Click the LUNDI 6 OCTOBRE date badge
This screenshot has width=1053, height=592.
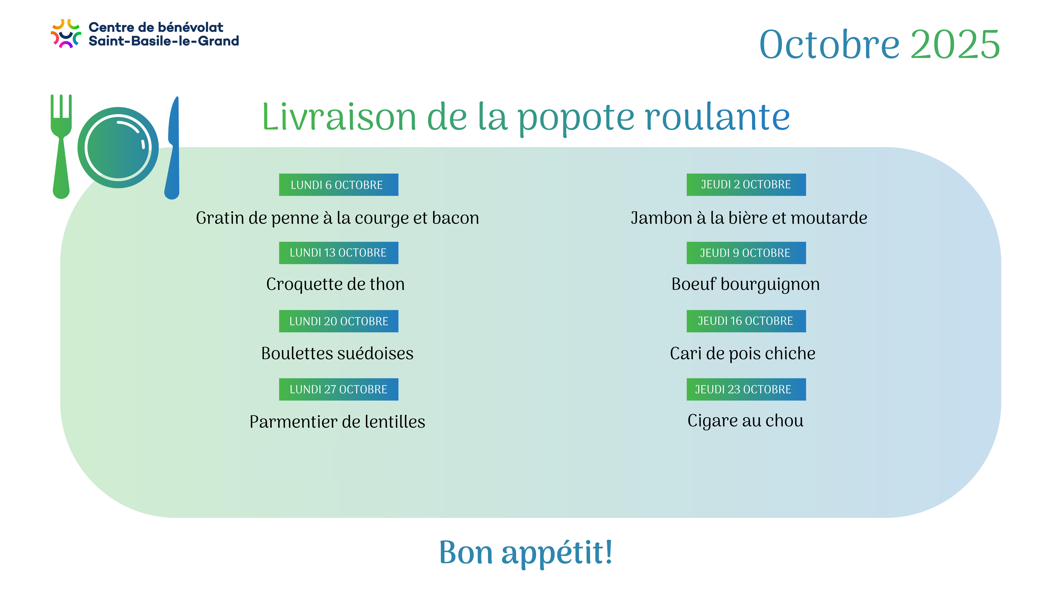[x=338, y=185]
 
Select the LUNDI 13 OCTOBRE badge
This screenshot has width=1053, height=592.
[x=338, y=253]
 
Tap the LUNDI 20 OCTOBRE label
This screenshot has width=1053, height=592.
[x=338, y=321]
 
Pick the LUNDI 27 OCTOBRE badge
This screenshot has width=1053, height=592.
[x=338, y=389]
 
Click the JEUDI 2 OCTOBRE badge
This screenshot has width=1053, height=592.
[x=746, y=185]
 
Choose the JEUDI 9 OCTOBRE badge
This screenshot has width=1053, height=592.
[x=746, y=253]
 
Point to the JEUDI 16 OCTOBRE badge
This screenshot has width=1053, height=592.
[x=746, y=321]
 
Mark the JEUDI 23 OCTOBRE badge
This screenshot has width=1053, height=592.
[x=746, y=389]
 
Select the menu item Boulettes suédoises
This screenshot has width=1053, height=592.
[x=337, y=353]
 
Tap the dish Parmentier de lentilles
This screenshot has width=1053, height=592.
[x=337, y=422]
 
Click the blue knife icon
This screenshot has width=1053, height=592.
[x=172, y=148]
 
